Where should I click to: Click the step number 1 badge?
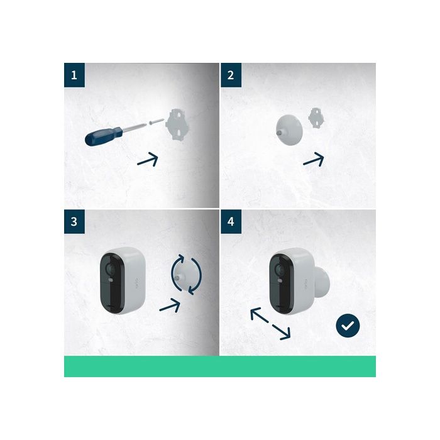(75, 75)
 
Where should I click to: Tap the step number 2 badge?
(231, 75)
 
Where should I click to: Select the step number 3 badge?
(75, 221)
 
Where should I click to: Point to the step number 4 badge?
(231, 221)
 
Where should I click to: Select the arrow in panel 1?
(148, 160)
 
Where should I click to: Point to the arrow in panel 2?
(314, 160)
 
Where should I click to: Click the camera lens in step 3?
(111, 270)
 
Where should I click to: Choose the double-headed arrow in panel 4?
(270, 322)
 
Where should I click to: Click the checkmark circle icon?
(348, 326)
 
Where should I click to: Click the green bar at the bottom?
(220, 366)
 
